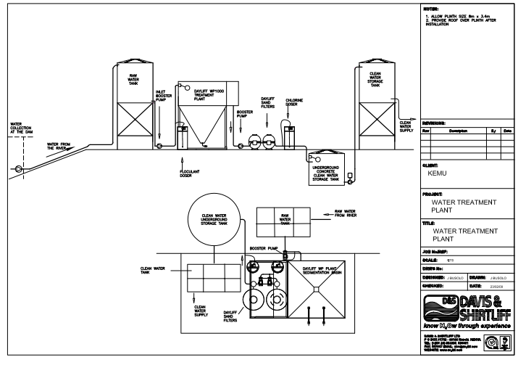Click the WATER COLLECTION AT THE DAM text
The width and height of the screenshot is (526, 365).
tap(20, 129)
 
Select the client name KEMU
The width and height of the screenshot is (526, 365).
tap(438, 174)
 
